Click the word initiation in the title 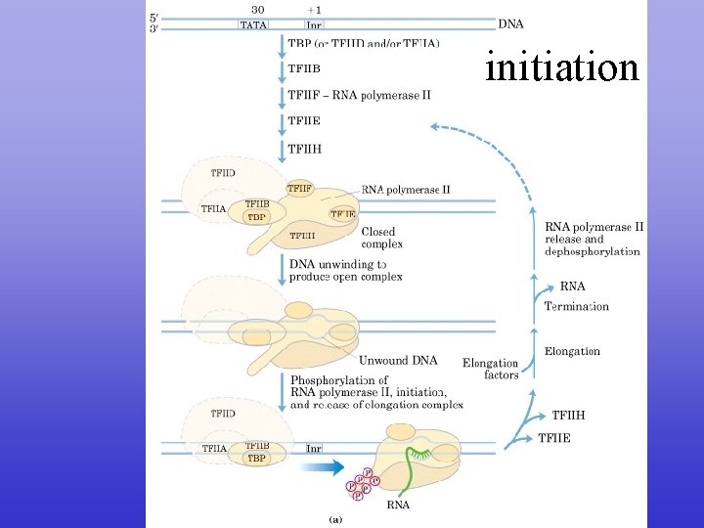tap(562, 67)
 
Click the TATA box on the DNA tap(252, 24)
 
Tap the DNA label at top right tap(510, 23)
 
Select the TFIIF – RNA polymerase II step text tap(359, 95)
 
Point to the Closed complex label tap(382, 238)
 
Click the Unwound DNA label tap(398, 360)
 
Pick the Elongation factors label tap(491, 369)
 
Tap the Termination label tap(577, 306)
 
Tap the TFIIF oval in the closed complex tap(299, 187)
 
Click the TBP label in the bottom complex tap(256, 458)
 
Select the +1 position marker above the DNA tap(314, 9)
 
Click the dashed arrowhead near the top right tap(437, 127)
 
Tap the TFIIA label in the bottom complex tap(213, 449)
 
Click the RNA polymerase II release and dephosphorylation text tap(594, 239)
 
